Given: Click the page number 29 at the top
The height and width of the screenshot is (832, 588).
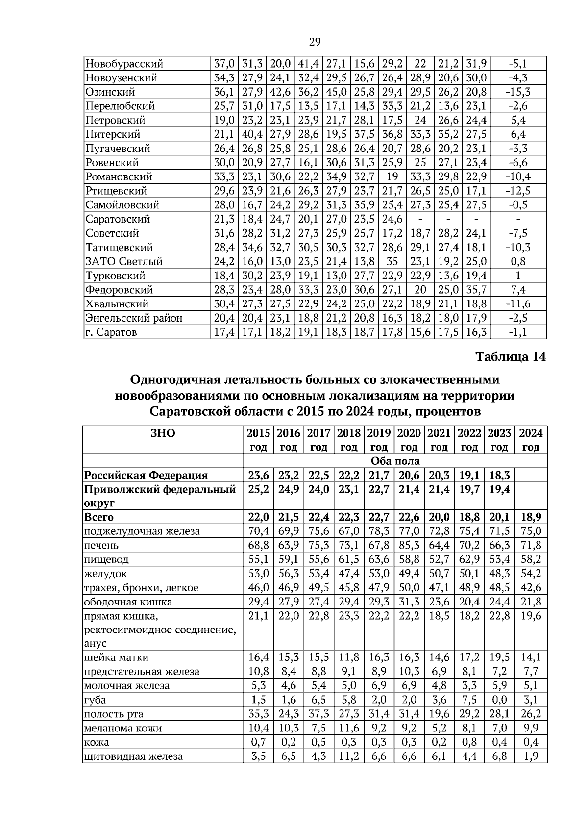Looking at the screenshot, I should click(x=315, y=42).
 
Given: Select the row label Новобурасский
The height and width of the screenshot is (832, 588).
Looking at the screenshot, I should click(x=124, y=64).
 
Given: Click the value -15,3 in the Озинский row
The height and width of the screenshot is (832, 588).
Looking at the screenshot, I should click(x=518, y=92).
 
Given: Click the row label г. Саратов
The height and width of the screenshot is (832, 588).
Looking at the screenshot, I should click(x=111, y=332).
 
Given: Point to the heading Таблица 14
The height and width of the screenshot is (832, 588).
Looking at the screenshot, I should click(x=510, y=357).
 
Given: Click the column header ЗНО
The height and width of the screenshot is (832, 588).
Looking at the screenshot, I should click(x=163, y=433).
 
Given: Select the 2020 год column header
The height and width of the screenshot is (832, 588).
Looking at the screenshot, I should click(x=409, y=440).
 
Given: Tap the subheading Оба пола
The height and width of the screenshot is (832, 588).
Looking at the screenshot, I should click(x=395, y=461).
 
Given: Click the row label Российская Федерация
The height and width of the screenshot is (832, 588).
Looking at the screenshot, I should click(x=146, y=475).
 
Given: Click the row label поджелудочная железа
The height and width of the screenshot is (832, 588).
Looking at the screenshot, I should click(x=142, y=531).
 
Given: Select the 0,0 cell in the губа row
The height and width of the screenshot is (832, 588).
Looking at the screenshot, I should click(x=499, y=700).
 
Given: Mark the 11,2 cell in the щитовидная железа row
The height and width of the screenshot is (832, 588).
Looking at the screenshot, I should click(x=348, y=756).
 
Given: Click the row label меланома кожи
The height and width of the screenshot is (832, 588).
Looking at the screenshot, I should click(x=123, y=729).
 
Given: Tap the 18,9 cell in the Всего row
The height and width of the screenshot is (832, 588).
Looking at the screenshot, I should click(x=531, y=517).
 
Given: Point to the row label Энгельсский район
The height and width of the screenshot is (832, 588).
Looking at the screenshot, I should click(x=134, y=318).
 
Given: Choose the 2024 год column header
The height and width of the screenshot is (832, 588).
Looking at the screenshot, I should click(x=531, y=440).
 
